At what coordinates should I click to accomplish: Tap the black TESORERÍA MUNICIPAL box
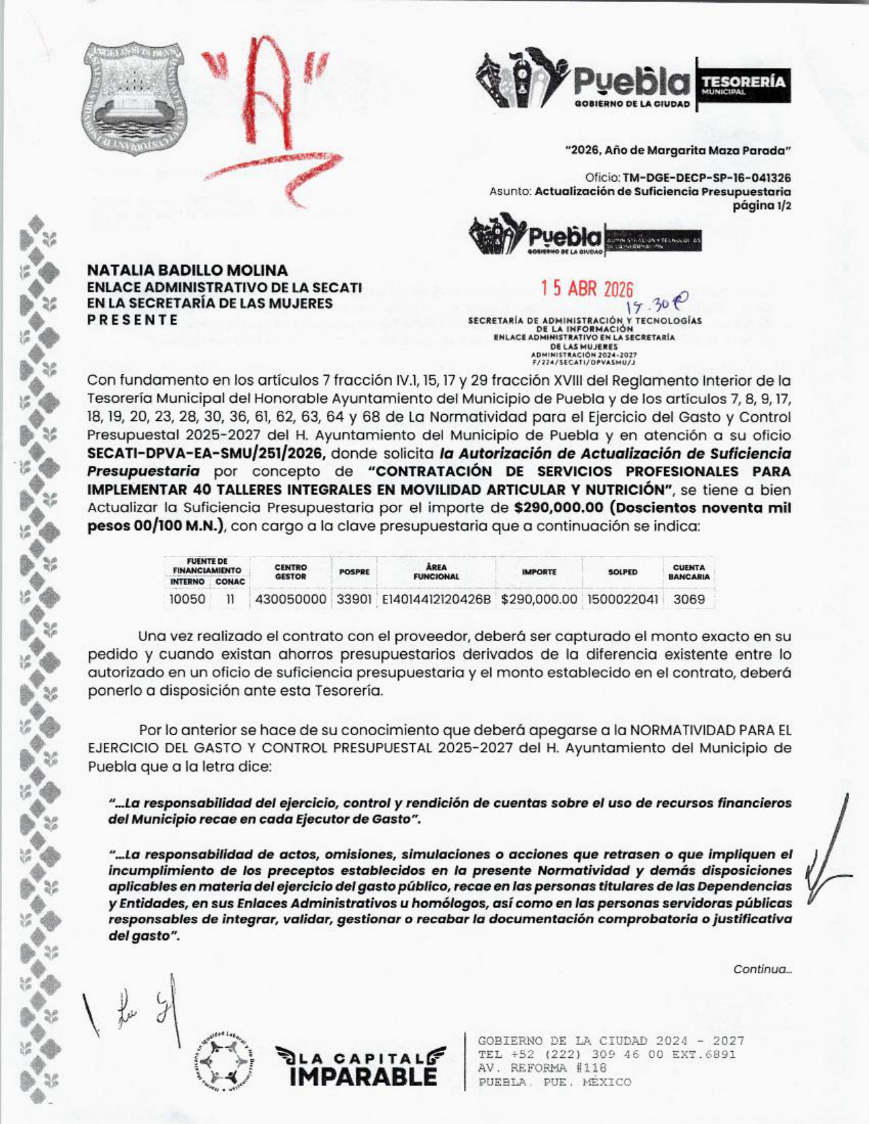(x=742, y=85)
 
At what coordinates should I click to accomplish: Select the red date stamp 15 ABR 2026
(x=587, y=290)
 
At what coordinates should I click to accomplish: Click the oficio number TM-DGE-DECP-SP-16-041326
(x=707, y=178)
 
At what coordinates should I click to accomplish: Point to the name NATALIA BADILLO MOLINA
(x=187, y=270)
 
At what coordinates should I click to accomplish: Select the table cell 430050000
(x=291, y=599)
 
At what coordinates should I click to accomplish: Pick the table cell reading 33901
(x=354, y=599)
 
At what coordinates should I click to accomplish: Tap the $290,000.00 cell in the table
(x=539, y=599)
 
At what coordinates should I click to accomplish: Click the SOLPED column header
(x=622, y=572)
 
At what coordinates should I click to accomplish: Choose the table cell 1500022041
(x=622, y=599)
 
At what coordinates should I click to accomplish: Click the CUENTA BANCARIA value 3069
(x=688, y=599)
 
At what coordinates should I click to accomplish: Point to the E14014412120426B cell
(x=436, y=599)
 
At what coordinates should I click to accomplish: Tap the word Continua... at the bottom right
(x=762, y=969)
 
